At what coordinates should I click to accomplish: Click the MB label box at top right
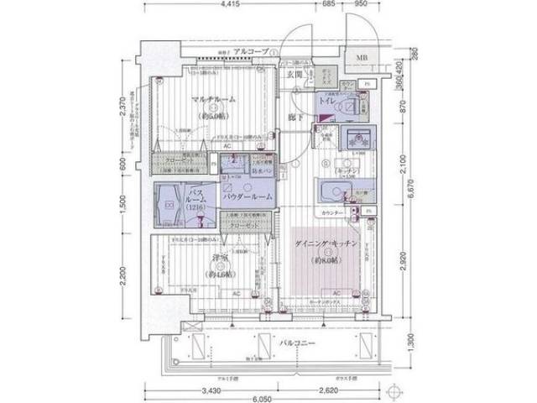361,58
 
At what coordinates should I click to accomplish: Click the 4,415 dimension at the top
233,6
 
